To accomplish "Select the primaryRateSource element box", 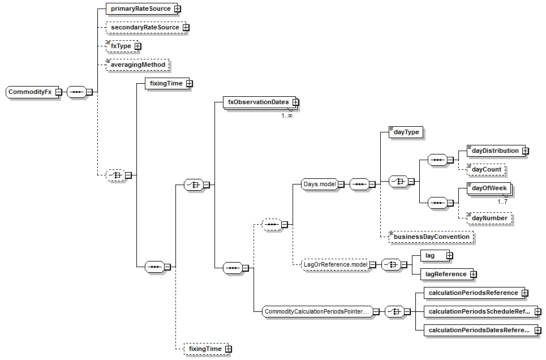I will point(140,9).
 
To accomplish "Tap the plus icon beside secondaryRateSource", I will point(186,27).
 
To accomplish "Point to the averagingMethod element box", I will point(138,65).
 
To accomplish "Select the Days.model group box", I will point(319,184).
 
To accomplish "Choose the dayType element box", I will point(406,132).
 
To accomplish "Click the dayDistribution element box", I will point(495,151).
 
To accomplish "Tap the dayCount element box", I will point(485,169).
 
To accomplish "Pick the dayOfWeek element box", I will point(489,188).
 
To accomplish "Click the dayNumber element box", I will point(489,217).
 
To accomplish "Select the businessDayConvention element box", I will point(431,237).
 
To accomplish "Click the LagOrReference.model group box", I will point(335,264).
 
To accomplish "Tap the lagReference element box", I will point(446,274).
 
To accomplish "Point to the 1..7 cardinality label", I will point(502,201).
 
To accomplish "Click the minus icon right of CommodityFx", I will point(58,92).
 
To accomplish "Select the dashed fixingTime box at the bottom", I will point(205,349).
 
